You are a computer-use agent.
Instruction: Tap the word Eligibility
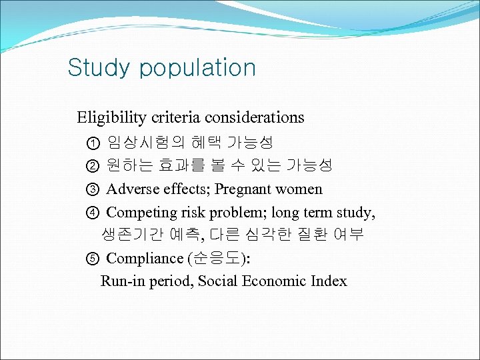[x=111, y=118]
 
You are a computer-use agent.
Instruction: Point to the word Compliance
[x=145, y=259]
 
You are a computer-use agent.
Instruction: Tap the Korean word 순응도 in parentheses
[x=216, y=259]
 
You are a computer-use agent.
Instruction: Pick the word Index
[x=329, y=281]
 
